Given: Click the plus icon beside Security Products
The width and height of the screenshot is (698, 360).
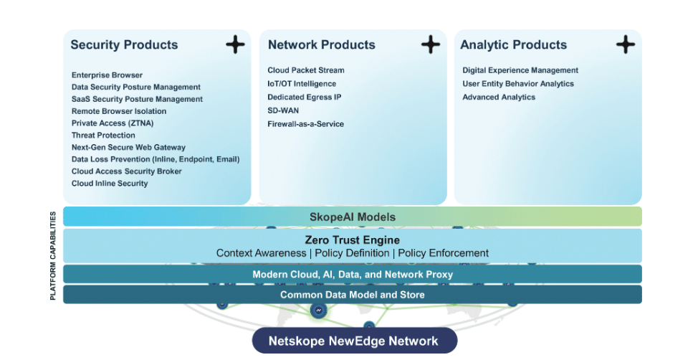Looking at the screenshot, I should [x=235, y=44].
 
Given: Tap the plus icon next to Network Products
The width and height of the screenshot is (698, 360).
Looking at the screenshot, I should [x=430, y=44].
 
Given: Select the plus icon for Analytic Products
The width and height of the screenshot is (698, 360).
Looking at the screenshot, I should [x=626, y=44].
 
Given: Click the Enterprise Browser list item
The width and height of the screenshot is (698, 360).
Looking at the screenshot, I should [x=107, y=75].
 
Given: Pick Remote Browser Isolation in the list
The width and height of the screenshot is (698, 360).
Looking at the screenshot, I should [x=119, y=111].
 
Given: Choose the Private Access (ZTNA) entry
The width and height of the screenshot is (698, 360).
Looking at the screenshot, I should [x=113, y=123].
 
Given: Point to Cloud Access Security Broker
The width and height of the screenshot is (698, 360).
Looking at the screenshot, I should [x=127, y=171].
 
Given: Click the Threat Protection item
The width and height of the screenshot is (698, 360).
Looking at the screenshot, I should [x=103, y=136].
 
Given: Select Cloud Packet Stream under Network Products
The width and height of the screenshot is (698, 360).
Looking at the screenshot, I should [x=306, y=70].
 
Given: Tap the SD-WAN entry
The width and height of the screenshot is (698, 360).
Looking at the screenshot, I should [x=283, y=110].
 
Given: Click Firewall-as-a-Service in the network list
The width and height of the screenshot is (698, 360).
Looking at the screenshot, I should [x=306, y=124].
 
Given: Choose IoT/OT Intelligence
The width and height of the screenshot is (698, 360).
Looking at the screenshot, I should [x=301, y=84].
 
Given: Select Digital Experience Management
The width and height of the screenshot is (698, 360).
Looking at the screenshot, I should [x=520, y=70].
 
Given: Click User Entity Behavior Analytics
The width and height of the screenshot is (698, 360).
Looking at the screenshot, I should [x=518, y=84].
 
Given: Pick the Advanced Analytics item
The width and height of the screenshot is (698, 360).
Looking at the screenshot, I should [x=499, y=98].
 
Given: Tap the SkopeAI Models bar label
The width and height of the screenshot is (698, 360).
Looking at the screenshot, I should [x=352, y=217].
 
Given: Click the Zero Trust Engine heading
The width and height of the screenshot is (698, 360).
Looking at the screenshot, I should [x=352, y=240].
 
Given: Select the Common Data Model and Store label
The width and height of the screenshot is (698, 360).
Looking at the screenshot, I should [x=352, y=295].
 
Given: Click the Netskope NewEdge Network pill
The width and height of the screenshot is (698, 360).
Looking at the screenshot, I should [x=354, y=341].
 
